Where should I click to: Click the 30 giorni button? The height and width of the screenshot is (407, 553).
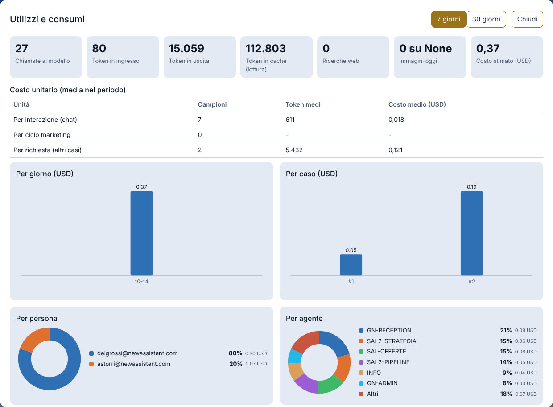[486, 19]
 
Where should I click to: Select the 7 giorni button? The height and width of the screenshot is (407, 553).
[449, 19]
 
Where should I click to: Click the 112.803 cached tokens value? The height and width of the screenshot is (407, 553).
[266, 49]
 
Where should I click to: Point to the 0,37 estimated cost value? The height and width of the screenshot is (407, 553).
[488, 49]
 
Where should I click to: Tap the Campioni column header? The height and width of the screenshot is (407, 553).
[212, 104]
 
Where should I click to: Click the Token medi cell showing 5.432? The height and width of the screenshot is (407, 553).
[294, 150]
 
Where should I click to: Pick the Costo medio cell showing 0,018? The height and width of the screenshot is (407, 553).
[396, 120]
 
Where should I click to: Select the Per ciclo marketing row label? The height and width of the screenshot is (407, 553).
[42, 135]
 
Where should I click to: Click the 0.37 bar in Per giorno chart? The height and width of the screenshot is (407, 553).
[141, 233]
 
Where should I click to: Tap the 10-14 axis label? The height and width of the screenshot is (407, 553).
[141, 282]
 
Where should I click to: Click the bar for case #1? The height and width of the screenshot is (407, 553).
[351, 265]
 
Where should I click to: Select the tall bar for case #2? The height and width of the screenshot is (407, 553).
[471, 233]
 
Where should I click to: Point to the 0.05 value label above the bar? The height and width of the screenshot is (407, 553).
[351, 250]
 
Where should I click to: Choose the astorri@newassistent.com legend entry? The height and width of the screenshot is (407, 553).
[133, 364]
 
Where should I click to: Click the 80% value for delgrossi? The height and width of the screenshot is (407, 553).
[235, 353]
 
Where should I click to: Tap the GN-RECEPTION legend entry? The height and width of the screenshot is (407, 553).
[389, 330]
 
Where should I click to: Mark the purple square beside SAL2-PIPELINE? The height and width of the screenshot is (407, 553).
[361, 362]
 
